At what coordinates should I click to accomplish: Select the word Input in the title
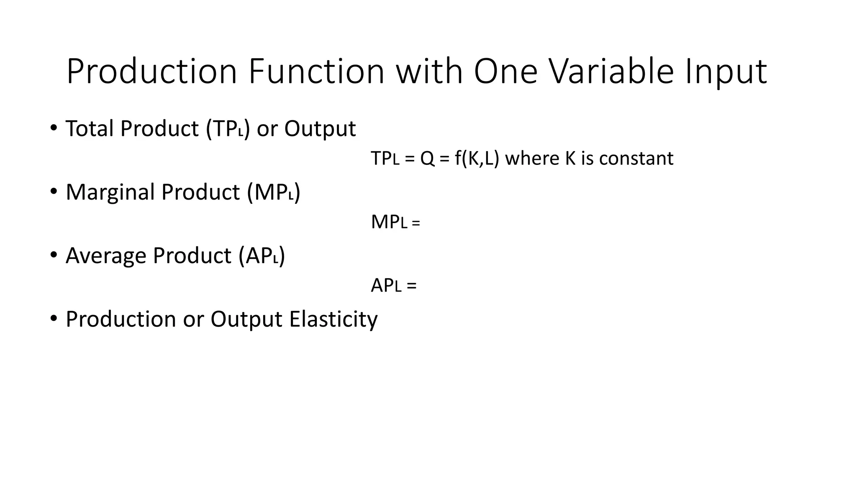tap(726, 72)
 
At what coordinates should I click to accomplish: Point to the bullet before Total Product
tap(53, 128)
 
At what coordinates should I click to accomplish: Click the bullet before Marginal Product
tap(53, 192)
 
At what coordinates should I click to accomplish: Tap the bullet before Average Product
tap(53, 255)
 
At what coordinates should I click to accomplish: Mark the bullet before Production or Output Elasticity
tap(53, 319)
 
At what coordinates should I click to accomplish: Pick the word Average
tap(106, 256)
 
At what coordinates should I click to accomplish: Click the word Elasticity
tap(333, 319)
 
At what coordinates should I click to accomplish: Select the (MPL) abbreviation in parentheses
tap(274, 192)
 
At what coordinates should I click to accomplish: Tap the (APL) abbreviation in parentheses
tap(262, 256)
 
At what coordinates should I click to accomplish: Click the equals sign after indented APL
tap(411, 286)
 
